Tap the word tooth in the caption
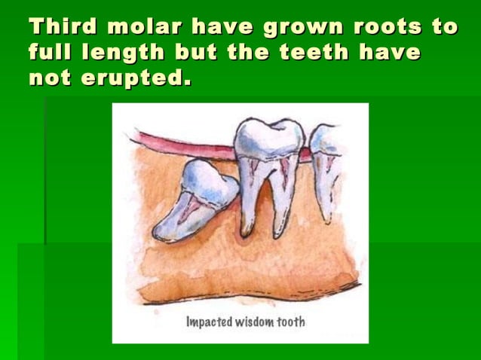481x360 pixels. click(290, 322)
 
